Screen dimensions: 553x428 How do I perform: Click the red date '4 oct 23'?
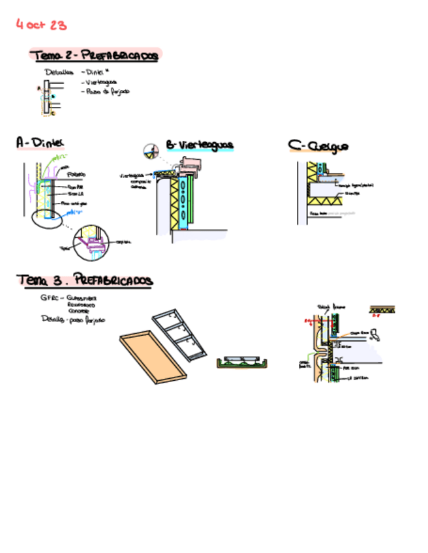(x=41, y=25)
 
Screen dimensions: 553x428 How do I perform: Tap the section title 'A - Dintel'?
(x=40, y=142)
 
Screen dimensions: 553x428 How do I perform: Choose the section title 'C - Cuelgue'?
(x=318, y=146)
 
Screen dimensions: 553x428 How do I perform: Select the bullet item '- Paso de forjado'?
(x=106, y=91)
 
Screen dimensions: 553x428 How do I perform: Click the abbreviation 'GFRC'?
(x=49, y=297)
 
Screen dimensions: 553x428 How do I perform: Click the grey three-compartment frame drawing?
(x=185, y=336)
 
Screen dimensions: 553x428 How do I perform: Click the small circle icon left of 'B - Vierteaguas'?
(x=151, y=151)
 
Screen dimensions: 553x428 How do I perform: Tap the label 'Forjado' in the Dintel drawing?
(x=76, y=175)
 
